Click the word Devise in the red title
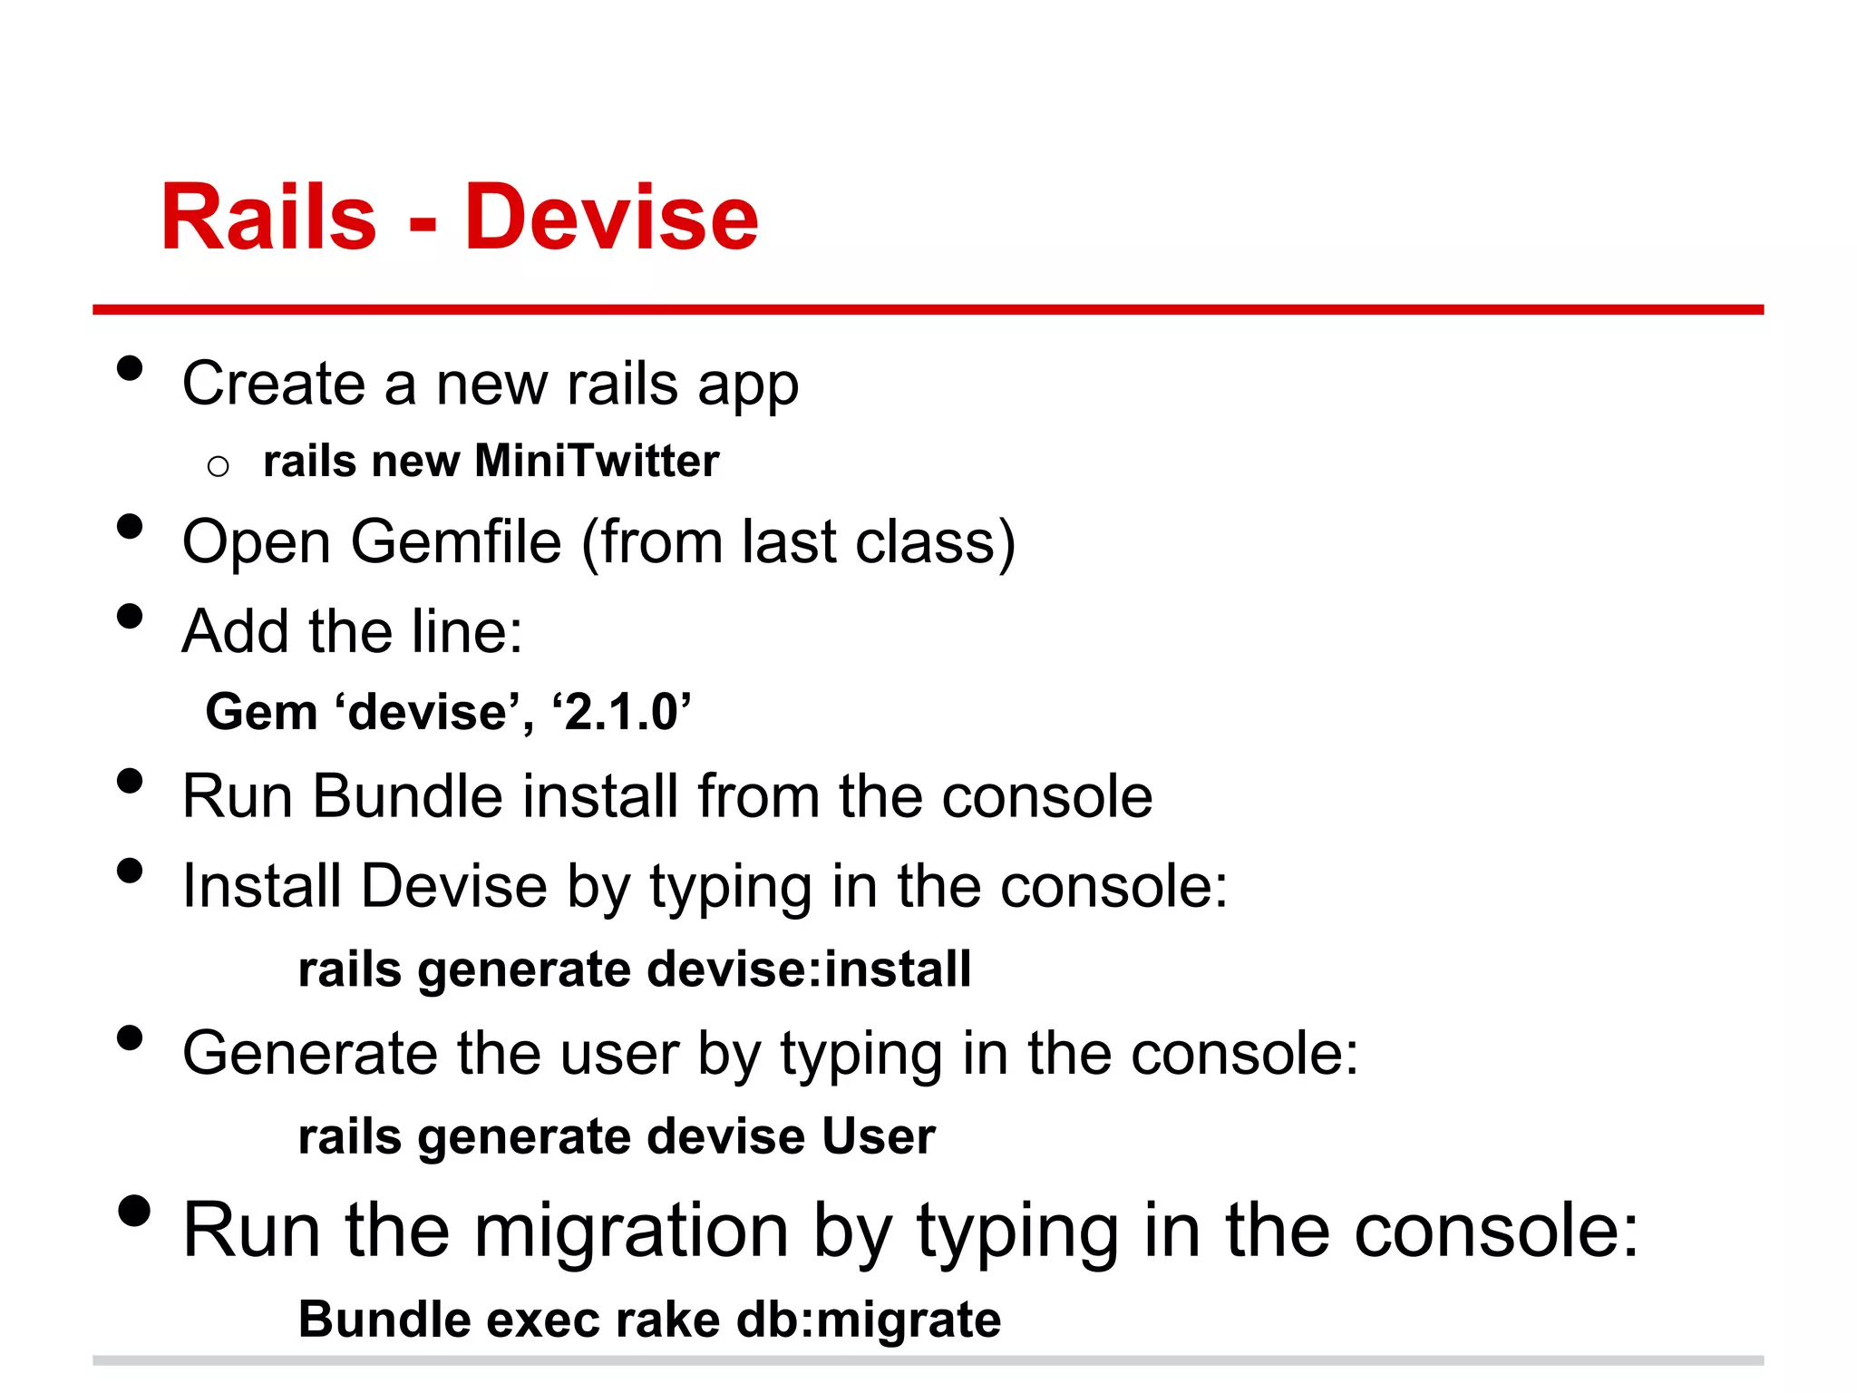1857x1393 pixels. (611, 218)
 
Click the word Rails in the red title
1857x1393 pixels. (268, 218)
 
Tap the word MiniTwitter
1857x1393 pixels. (597, 461)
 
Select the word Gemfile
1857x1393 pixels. (456, 542)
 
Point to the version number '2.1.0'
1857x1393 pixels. (621, 712)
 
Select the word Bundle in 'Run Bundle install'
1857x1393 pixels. (407, 796)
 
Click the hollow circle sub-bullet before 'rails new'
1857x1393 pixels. (218, 467)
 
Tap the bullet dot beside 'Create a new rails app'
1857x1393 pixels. (131, 368)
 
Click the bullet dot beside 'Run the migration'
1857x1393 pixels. (133, 1211)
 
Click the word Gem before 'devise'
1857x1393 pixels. (261, 712)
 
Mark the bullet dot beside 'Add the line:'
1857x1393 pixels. (131, 617)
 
